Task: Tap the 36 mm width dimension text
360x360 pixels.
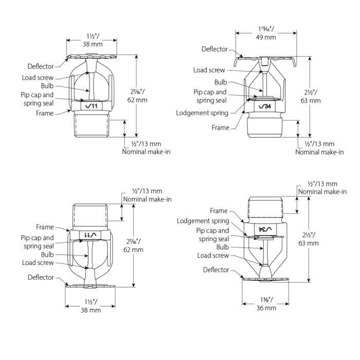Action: (x=266, y=308)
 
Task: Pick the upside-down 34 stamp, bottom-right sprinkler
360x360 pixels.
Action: (x=265, y=229)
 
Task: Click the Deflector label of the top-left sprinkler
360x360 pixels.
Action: (x=41, y=66)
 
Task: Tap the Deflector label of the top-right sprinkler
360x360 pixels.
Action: (x=214, y=49)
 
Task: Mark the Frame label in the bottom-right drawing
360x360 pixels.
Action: (x=219, y=211)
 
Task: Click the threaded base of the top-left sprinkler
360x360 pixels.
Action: (x=93, y=127)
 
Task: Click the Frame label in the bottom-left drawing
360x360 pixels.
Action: (x=45, y=227)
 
